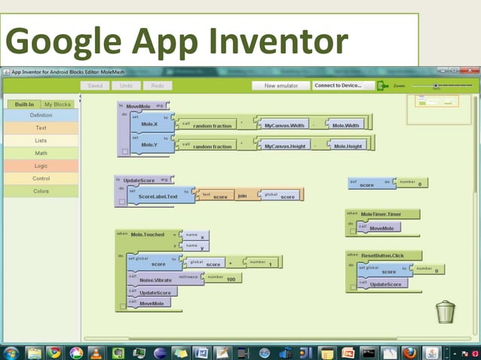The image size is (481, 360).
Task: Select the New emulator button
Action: coord(280,86)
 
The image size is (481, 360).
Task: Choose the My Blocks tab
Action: coord(57,104)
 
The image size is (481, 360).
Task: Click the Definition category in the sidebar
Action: coord(41,115)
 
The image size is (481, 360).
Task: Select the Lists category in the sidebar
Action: coord(41,141)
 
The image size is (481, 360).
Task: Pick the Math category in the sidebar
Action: coord(41,154)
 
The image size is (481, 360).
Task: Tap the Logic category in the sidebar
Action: coord(41,166)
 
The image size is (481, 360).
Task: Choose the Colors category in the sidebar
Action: coord(41,191)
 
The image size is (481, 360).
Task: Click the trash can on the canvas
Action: coord(446,311)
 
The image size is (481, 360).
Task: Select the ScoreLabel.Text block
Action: coord(157,196)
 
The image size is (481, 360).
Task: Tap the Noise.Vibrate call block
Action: coord(156,280)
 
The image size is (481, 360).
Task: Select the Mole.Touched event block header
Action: coord(146,234)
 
